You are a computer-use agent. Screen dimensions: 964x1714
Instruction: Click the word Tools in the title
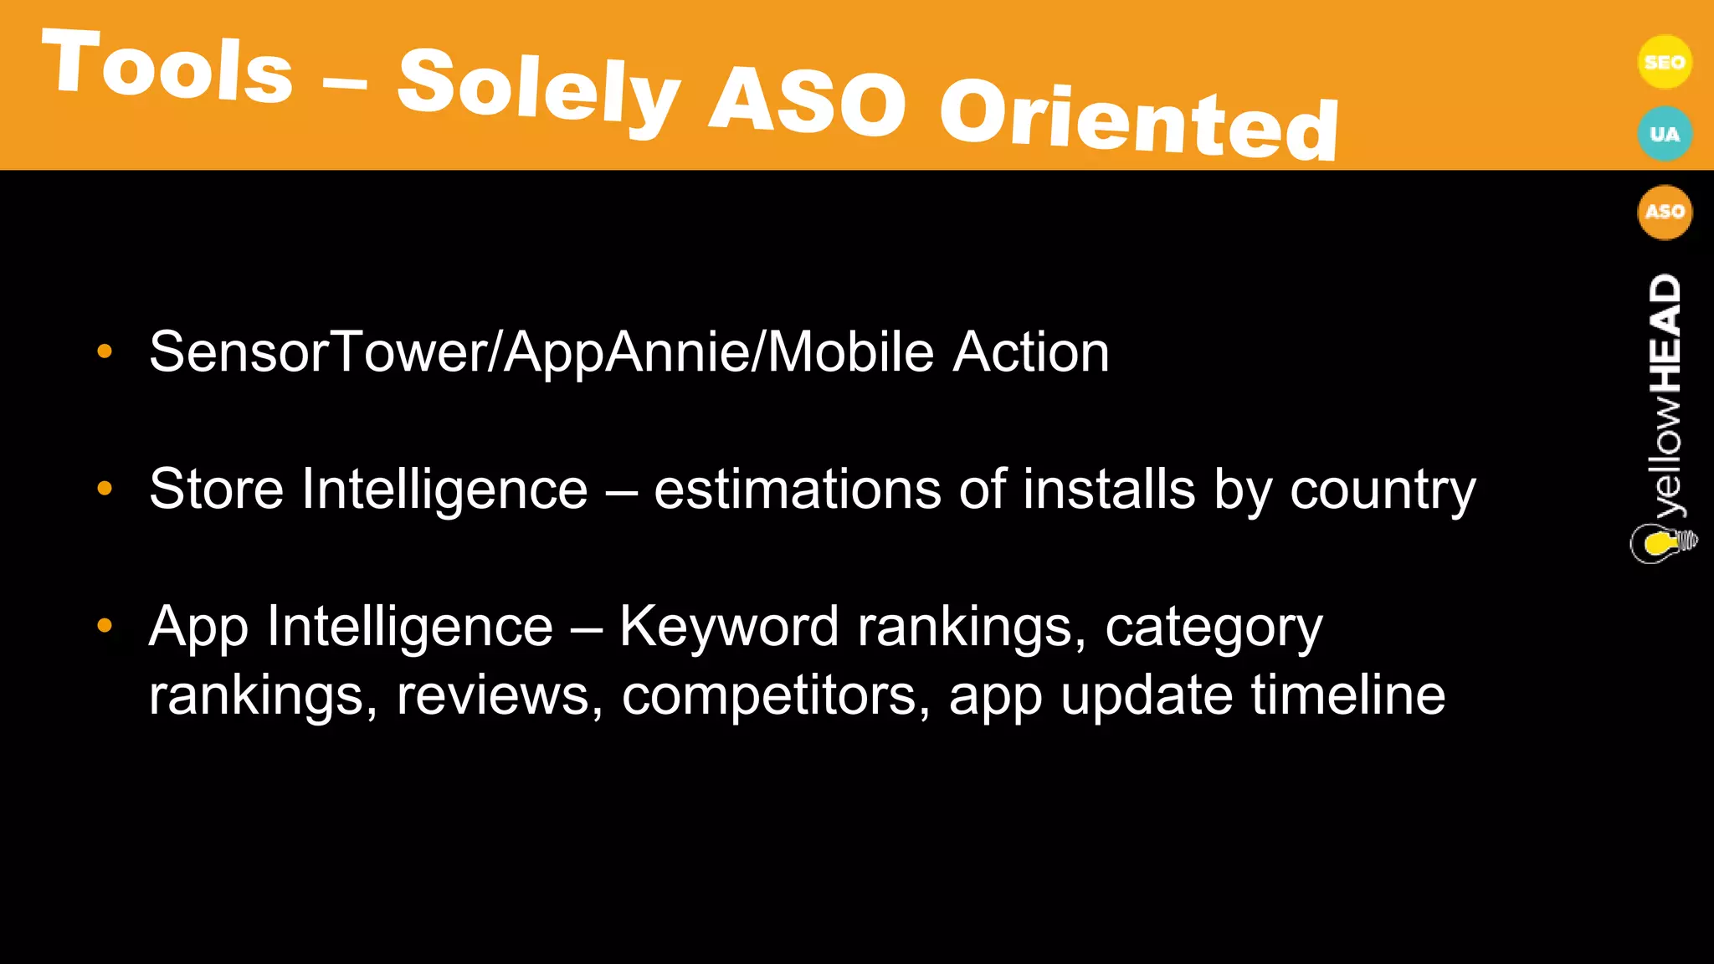pos(167,67)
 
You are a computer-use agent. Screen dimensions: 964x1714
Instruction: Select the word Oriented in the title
pos(1138,121)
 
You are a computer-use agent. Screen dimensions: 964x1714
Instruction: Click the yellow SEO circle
pos(1664,62)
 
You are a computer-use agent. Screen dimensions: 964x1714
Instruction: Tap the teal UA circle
pos(1664,134)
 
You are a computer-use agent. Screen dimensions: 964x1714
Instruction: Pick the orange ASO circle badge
pos(1664,212)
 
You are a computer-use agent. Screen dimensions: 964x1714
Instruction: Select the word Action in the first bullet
pos(1031,351)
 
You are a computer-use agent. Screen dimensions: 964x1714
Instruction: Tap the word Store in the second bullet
pos(216,489)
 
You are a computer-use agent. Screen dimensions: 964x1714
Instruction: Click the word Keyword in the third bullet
pos(728,626)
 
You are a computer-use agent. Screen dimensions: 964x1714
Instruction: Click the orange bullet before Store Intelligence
pos(105,488)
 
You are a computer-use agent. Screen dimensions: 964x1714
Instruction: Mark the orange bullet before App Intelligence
pos(105,625)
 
